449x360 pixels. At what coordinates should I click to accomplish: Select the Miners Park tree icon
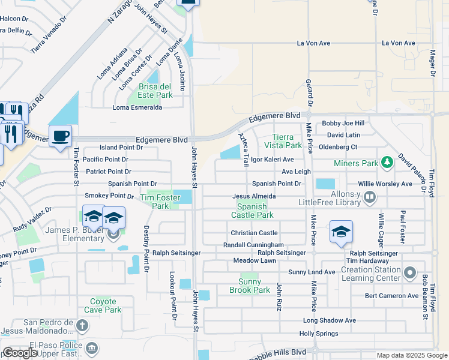pos(388,162)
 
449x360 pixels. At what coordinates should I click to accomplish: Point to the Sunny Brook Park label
pos(250,286)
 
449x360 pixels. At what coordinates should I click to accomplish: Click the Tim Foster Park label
pos(155,202)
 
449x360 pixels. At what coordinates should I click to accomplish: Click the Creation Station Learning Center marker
pos(410,274)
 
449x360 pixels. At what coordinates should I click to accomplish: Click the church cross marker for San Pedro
pos(82,326)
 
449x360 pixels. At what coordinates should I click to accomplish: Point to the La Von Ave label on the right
pos(399,43)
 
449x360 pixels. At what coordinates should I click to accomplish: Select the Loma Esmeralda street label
pos(137,108)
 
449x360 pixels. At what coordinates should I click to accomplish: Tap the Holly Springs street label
pos(319,334)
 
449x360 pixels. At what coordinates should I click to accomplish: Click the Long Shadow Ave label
pos(330,320)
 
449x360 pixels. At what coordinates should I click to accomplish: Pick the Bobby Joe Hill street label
pos(343,123)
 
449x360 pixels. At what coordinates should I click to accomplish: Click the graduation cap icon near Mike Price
pos(341,232)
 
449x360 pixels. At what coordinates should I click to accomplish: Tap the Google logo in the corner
pos(20,353)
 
